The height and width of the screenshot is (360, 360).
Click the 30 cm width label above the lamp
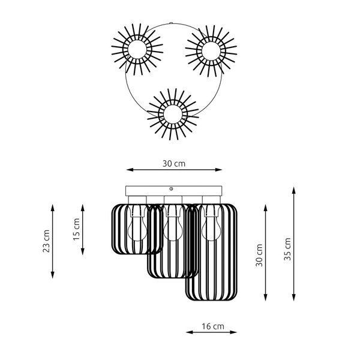coord(173,163)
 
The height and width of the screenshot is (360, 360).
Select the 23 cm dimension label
coord(47,241)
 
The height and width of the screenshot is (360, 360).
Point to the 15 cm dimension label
coord(76,229)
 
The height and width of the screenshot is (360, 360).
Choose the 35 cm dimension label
coord(287,247)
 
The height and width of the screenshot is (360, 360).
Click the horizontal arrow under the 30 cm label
coord(173,170)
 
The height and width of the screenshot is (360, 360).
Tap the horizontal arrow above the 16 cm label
coord(211,332)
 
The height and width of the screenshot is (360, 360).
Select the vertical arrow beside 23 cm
coord(53,241)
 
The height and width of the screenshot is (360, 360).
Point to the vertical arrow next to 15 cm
coord(83,229)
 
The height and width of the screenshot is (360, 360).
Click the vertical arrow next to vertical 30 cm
coord(266,252)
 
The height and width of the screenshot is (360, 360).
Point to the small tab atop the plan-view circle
coord(173,24)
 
